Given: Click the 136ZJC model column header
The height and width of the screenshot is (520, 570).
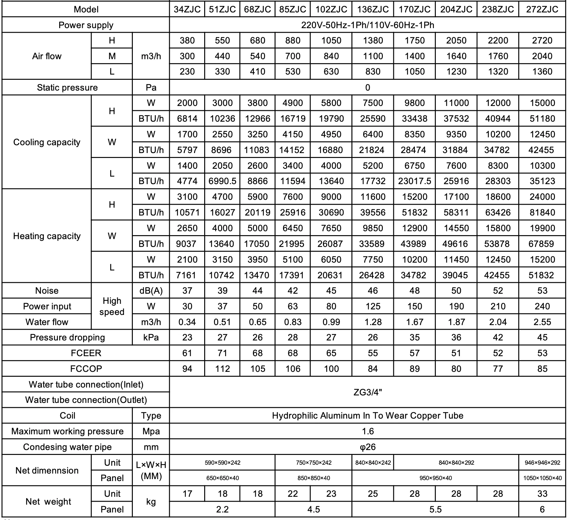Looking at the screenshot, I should click(x=373, y=9).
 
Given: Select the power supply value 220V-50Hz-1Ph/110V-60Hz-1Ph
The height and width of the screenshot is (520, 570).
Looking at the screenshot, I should click(x=367, y=25).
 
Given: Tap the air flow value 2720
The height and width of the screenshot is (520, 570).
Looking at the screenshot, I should click(x=542, y=41).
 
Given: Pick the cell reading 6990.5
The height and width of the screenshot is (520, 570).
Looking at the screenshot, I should click(x=223, y=181).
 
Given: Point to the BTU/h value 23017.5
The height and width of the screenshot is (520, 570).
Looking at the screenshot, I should click(x=415, y=181).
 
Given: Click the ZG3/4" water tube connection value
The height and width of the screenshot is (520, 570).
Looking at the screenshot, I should click(x=367, y=392).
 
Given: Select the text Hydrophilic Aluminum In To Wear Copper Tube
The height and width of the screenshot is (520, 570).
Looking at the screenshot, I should click(x=367, y=416).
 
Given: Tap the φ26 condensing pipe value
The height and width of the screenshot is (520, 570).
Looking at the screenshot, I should click(x=367, y=447).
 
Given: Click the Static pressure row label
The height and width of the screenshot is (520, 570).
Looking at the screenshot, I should click(x=67, y=88).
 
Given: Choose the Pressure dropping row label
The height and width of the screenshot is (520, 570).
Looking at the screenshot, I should click(x=67, y=338).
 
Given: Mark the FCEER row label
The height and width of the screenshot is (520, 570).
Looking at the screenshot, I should click(x=86, y=353).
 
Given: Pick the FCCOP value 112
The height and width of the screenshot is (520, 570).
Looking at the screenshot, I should click(x=223, y=369).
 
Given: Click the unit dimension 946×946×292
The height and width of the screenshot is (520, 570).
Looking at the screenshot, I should click(x=542, y=463).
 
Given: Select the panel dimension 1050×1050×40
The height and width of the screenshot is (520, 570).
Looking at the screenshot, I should click(x=542, y=478).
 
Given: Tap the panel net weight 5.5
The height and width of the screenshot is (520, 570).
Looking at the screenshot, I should click(x=435, y=510).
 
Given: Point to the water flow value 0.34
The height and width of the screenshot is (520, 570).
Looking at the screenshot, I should click(x=187, y=322).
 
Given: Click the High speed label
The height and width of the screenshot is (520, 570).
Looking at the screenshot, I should click(x=112, y=306).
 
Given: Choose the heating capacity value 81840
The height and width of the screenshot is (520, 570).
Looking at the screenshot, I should click(x=542, y=213).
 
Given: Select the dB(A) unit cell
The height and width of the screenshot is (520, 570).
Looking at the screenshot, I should click(x=151, y=291).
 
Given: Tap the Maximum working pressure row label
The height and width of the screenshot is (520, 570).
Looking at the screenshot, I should click(x=67, y=431).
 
